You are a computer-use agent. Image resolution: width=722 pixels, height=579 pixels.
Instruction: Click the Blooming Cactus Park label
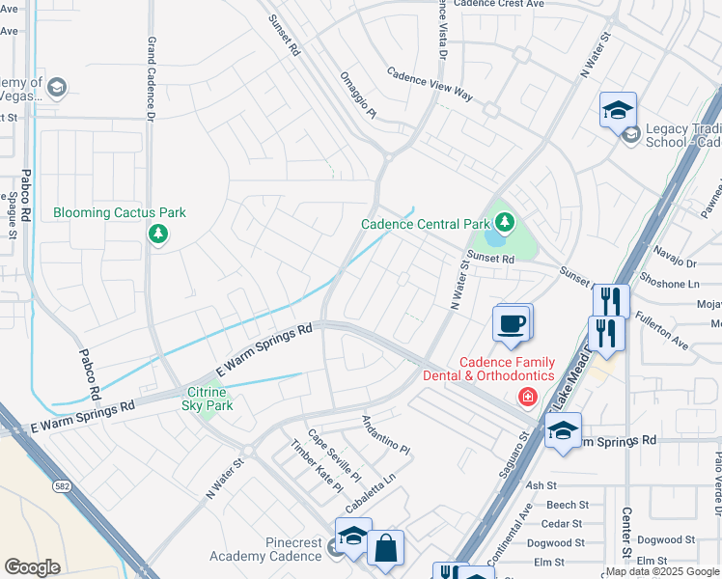pyautogui.click(x=120, y=212)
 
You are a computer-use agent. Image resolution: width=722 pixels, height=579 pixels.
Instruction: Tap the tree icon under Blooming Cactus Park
pyautogui.click(x=157, y=234)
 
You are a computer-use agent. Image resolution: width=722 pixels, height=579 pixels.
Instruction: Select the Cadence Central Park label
pyautogui.click(x=426, y=224)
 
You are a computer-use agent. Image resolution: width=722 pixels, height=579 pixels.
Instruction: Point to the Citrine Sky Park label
pyautogui.click(x=208, y=399)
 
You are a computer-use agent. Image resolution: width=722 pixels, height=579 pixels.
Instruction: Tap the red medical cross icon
pyautogui.click(x=527, y=396)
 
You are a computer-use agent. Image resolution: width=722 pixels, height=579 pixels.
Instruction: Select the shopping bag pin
pyautogui.click(x=385, y=548)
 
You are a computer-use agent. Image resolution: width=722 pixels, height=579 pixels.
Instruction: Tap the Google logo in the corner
pyautogui.click(x=33, y=567)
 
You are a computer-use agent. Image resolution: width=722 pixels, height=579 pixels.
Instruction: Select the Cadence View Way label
pyautogui.click(x=430, y=85)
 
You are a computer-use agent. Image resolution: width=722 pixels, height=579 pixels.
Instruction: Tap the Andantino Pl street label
pyautogui.click(x=386, y=435)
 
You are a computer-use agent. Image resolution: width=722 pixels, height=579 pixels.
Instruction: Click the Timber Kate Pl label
pyautogui.click(x=317, y=466)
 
